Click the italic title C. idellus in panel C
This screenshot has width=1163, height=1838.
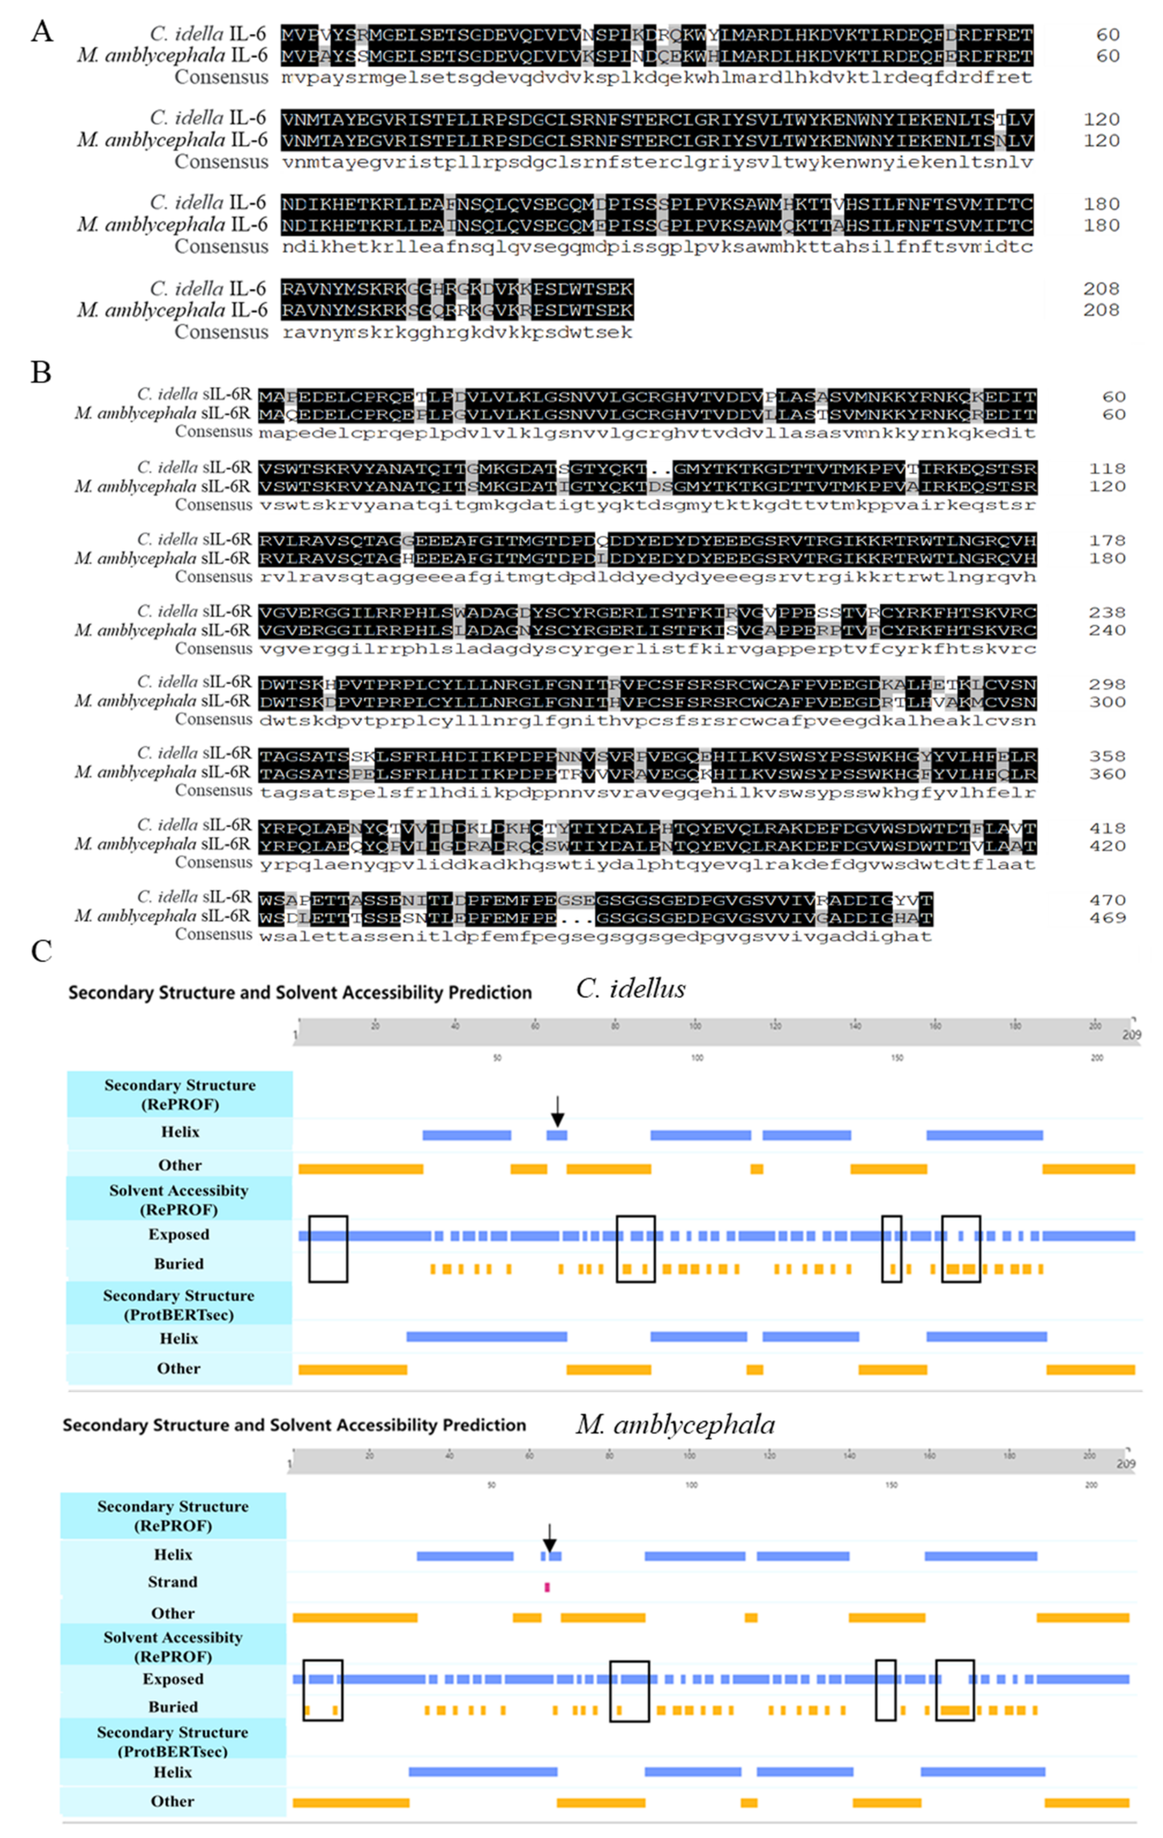click(630, 989)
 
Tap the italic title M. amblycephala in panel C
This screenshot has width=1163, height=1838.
click(675, 1424)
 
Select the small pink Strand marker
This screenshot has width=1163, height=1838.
click(547, 1587)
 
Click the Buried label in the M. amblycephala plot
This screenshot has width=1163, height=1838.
click(172, 1707)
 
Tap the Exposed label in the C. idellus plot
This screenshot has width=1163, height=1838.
click(179, 1234)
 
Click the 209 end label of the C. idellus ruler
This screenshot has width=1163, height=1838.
click(1131, 1035)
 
